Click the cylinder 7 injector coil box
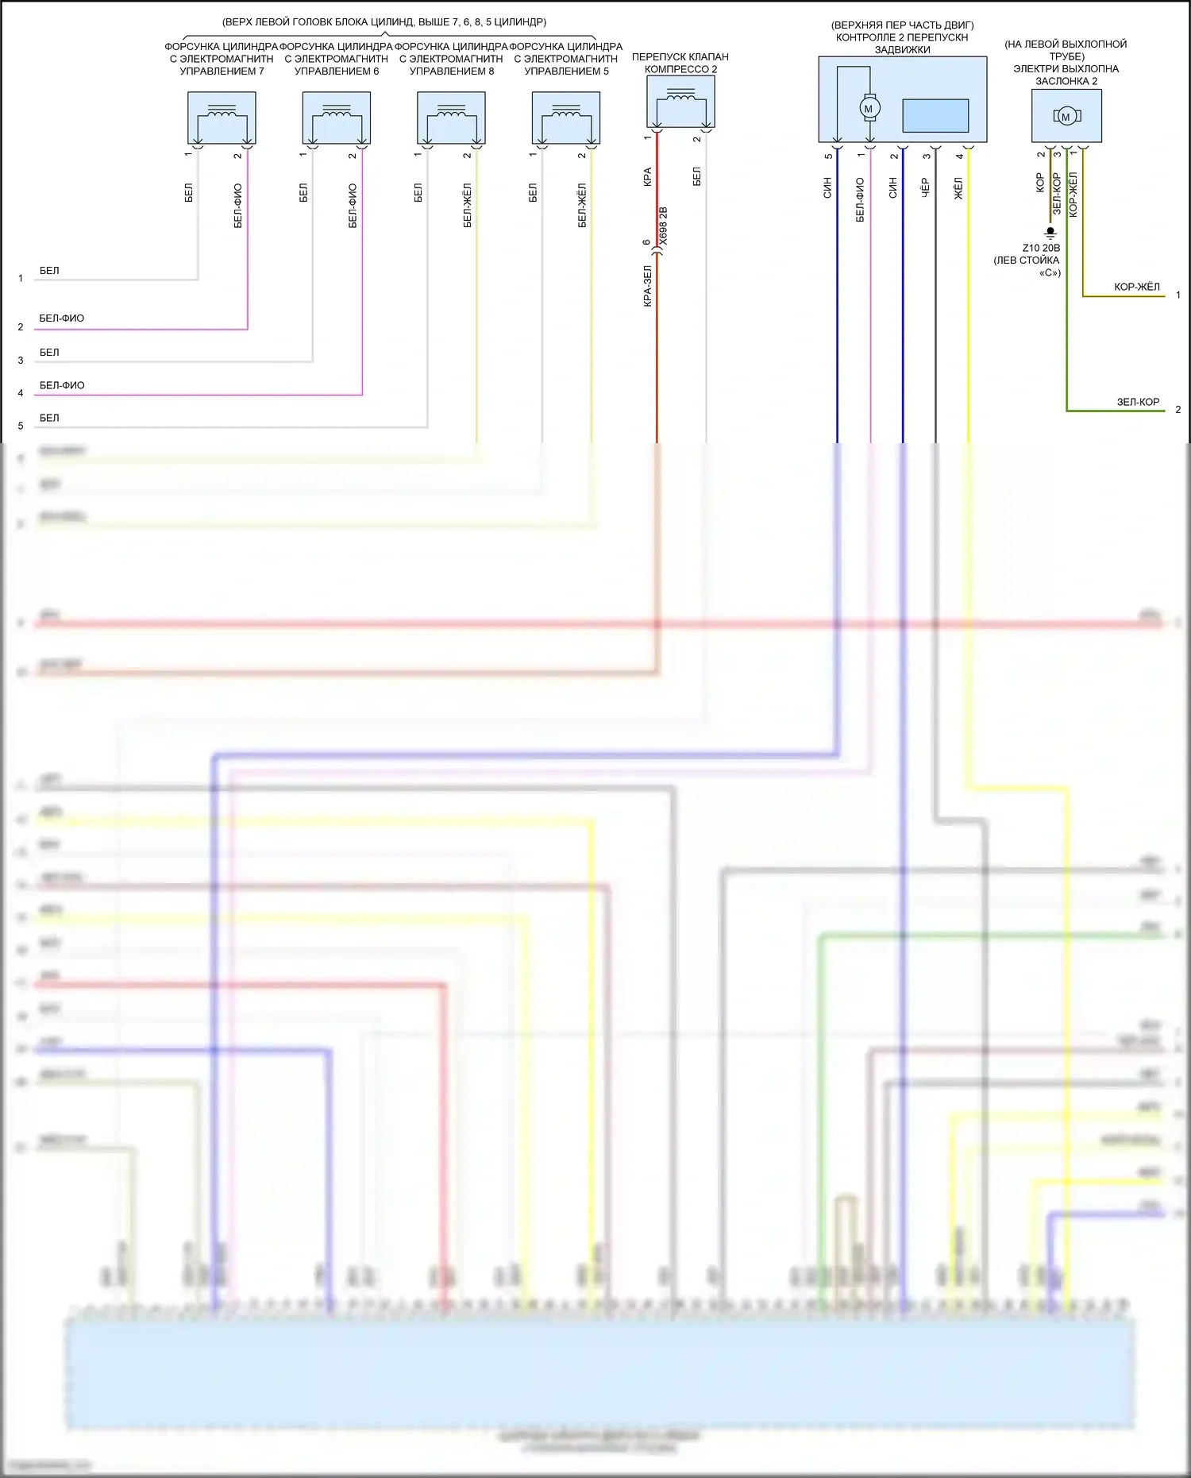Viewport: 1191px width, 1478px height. coord(222,118)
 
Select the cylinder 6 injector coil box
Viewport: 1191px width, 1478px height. coord(337,118)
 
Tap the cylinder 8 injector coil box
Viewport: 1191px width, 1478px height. coord(451,118)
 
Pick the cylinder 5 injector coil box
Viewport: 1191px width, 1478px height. coord(566,118)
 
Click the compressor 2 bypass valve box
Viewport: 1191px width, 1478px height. coord(681,102)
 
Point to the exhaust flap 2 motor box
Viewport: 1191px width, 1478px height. coord(1066,116)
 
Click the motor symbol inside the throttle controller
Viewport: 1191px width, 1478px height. coord(869,109)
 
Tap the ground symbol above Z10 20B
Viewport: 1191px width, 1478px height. coord(1050,233)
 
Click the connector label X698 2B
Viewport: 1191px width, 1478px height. coord(664,226)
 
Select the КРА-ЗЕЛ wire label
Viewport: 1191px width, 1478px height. coord(647,286)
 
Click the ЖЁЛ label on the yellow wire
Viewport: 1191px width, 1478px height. coord(958,189)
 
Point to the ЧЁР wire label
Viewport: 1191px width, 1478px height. coord(925,188)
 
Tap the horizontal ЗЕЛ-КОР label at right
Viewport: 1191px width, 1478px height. coord(1138,402)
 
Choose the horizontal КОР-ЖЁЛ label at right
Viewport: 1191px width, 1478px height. coord(1136,287)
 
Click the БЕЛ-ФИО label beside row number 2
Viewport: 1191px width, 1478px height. coord(62,318)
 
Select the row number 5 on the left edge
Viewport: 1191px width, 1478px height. coord(21,426)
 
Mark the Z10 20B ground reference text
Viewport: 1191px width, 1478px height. coord(1041,248)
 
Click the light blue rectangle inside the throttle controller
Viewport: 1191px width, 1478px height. coord(935,115)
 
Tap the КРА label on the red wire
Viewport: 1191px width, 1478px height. coord(647,176)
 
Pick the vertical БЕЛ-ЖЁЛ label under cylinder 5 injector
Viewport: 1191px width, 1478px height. coord(582,206)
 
